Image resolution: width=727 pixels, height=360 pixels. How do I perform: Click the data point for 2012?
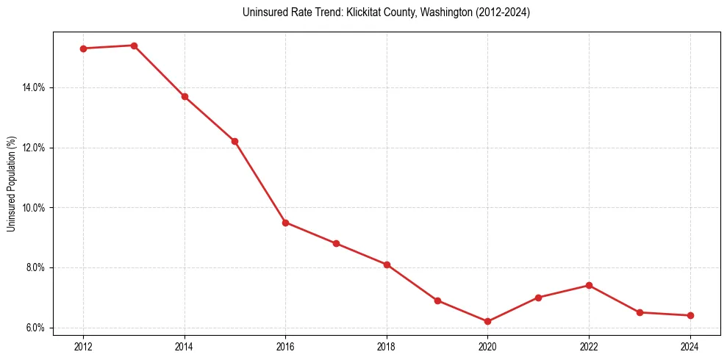pos(83,48)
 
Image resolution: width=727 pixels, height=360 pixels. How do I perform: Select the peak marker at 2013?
pos(134,46)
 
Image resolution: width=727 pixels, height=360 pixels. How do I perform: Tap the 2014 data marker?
pos(185,96)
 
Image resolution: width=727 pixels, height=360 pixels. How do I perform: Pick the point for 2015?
pos(234,141)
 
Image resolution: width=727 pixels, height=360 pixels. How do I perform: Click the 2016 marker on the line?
pos(285,223)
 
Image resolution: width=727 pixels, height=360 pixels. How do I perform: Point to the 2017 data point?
pos(336,243)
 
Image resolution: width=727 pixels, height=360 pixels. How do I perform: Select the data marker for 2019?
pos(437,300)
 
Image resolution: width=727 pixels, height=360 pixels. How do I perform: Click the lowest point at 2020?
pos(487,321)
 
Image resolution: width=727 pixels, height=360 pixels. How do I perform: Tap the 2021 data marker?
pos(538,298)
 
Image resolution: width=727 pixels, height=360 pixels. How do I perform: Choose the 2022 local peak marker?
pos(589,285)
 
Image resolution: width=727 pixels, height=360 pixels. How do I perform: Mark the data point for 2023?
pos(640,312)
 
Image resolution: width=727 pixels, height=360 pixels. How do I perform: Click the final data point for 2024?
pos(690,315)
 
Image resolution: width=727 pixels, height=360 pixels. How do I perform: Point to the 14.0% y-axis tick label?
pos(34,87)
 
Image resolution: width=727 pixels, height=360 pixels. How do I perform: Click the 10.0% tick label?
pos(34,208)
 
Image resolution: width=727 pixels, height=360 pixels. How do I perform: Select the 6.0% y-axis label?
pos(35,328)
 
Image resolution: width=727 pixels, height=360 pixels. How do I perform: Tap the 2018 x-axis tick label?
pos(387,347)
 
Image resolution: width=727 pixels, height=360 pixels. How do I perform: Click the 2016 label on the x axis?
pos(285,347)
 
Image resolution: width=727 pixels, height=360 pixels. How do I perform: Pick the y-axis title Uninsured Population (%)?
pos(11,184)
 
